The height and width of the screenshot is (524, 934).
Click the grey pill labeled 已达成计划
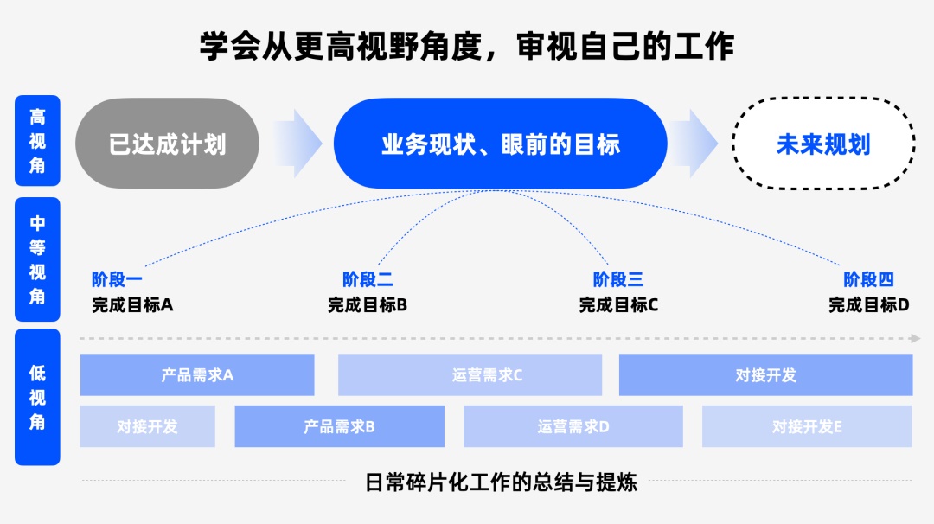pos(168,144)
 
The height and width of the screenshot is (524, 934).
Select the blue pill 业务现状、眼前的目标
pos(501,144)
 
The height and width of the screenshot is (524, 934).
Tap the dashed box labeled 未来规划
pos(823,144)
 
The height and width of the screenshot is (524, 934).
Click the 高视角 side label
pos(37,141)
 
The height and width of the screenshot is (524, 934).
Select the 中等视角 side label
pos(37,259)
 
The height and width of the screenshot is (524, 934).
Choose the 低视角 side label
pos(37,397)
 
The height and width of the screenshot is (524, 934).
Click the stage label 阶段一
pos(117,279)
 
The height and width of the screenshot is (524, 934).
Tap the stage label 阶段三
pos(618,279)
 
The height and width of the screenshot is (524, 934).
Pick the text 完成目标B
pos(368,304)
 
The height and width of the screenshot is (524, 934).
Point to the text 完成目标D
pos(869,304)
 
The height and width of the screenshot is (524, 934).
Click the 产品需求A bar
pos(197,375)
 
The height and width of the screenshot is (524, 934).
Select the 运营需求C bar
pos(470,375)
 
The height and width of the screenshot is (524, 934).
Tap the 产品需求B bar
pos(339,426)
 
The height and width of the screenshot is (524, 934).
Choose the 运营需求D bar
pos(573,426)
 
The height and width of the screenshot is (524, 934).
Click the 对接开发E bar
pos(807,426)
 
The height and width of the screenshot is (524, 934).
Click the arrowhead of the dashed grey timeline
pos(915,338)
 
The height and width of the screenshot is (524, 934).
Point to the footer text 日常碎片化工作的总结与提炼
pos(501,482)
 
